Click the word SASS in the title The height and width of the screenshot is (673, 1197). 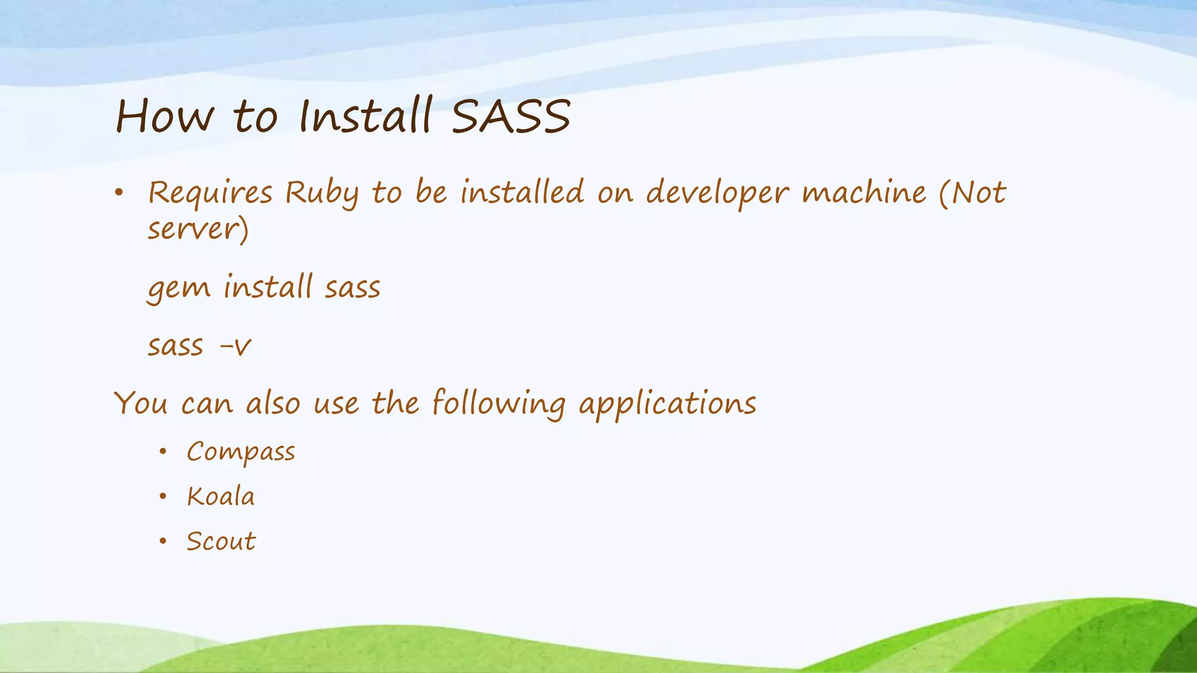[x=511, y=116]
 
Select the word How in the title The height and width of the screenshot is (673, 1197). [x=165, y=116]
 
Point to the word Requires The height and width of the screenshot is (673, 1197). [x=210, y=193]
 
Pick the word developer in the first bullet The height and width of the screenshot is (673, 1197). [x=717, y=193]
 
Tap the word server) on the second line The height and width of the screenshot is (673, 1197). [x=198, y=228]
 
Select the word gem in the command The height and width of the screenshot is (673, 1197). [x=178, y=288]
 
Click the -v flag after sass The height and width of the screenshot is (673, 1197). [x=235, y=346]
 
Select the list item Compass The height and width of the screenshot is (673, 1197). [x=241, y=452]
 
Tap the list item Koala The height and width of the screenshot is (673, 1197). [x=221, y=497]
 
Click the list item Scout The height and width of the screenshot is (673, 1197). [x=221, y=541]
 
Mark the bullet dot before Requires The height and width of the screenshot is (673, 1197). [x=119, y=192]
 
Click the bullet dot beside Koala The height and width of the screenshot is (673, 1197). [x=163, y=497]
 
